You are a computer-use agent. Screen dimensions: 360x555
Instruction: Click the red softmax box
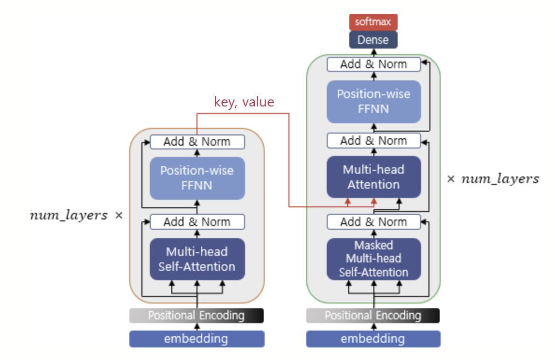click(373, 22)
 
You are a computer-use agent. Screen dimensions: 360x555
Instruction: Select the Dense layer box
click(373, 40)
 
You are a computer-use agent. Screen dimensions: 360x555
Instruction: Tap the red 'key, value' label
click(244, 102)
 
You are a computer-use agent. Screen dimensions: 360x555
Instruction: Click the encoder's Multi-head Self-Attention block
click(197, 259)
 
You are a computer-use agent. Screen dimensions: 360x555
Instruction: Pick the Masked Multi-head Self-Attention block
click(373, 259)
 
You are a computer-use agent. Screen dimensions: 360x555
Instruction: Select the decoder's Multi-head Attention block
click(373, 177)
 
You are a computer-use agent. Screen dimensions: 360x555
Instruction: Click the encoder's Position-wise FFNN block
click(197, 178)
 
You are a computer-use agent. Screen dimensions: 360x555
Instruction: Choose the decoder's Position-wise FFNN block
click(373, 101)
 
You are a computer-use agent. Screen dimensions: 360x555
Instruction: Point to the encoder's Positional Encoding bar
click(197, 316)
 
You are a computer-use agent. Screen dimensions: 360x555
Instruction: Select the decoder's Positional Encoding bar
click(373, 316)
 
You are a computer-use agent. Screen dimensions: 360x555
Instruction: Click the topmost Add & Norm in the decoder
click(373, 64)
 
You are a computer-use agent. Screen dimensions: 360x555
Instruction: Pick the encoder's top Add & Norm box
click(197, 142)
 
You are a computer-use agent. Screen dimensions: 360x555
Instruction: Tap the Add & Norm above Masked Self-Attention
click(373, 222)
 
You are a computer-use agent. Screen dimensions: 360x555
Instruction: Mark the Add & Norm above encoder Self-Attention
click(197, 222)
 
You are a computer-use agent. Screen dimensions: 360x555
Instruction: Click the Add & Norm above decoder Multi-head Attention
click(373, 141)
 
